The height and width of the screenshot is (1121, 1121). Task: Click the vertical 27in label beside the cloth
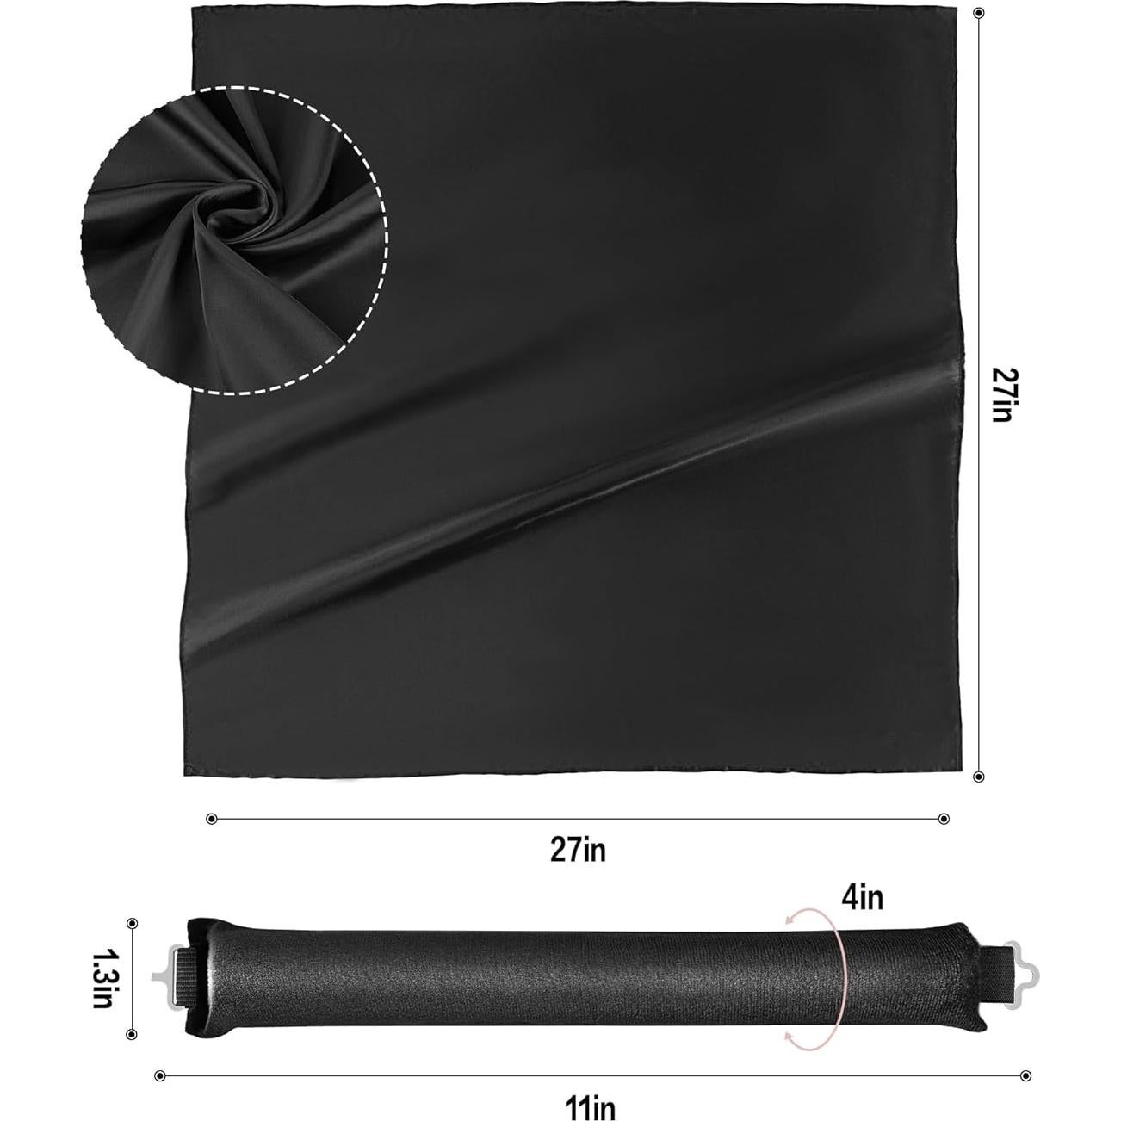point(1000,393)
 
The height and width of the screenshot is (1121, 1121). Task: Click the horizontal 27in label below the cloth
point(579,850)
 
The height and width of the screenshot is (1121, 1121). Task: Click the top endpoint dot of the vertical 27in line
point(979,13)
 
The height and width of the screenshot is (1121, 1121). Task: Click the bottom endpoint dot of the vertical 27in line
point(979,777)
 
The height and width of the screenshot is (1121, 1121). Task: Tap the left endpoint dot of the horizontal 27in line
point(212,819)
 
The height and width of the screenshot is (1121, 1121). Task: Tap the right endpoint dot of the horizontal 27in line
point(944,819)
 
